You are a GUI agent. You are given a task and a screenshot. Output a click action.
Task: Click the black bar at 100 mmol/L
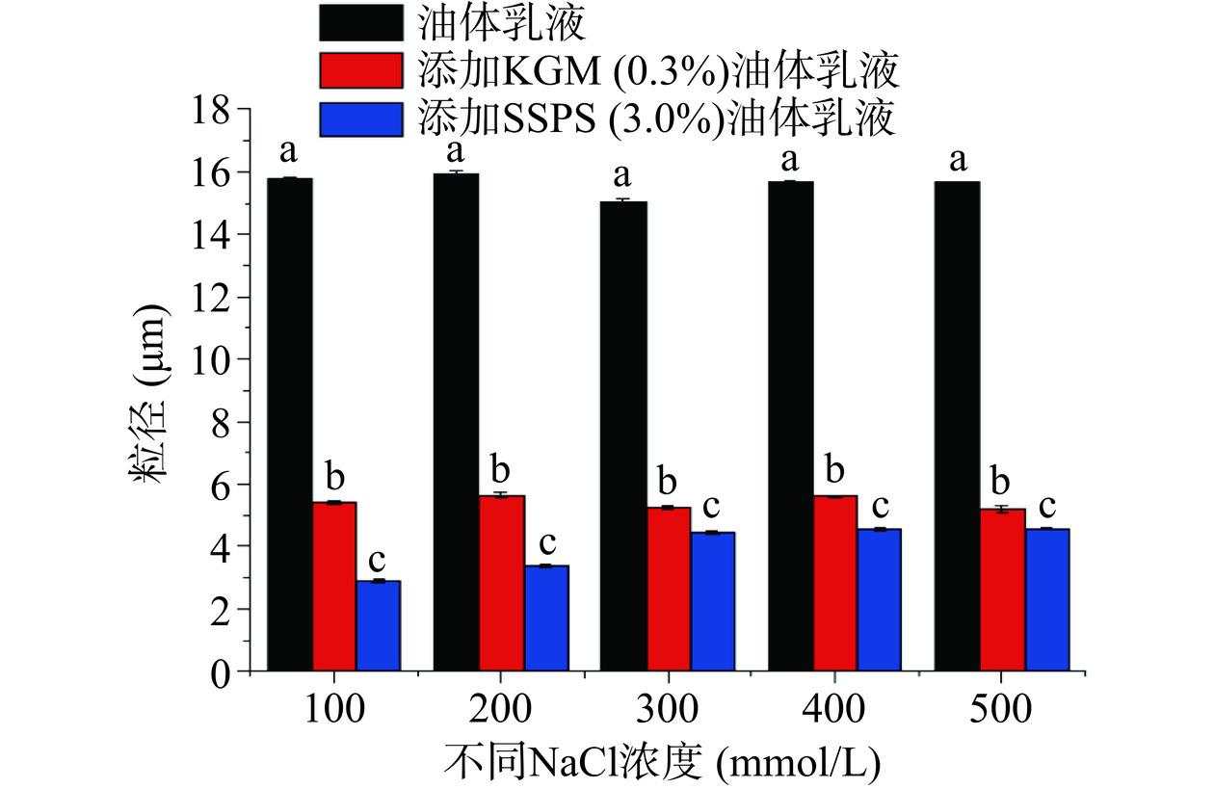290,424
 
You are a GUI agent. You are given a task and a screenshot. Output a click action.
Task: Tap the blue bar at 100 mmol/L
378,625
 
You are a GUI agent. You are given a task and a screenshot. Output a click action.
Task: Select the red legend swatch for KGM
360,70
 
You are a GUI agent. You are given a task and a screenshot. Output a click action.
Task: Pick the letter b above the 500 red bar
1001,479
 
